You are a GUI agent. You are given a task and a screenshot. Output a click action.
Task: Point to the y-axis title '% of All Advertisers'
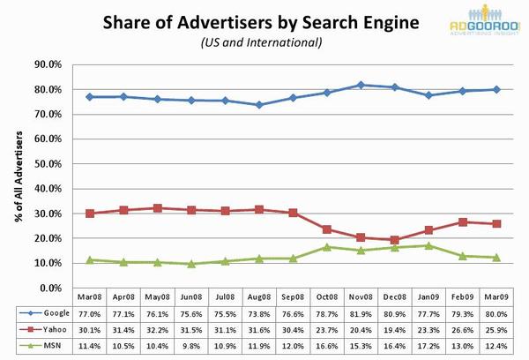click(19, 176)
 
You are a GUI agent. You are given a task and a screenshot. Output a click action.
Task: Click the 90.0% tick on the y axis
click(47, 64)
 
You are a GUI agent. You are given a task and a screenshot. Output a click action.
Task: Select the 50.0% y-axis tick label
click(47, 164)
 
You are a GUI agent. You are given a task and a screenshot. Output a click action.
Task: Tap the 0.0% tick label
click(49, 289)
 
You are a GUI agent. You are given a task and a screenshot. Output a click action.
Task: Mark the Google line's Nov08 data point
click(360, 85)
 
